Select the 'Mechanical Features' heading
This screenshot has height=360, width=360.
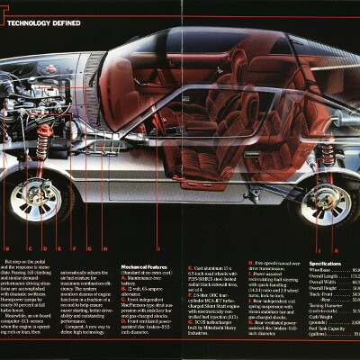click(x=147, y=267)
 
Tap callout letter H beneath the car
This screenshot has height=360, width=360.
click(x=104, y=247)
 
